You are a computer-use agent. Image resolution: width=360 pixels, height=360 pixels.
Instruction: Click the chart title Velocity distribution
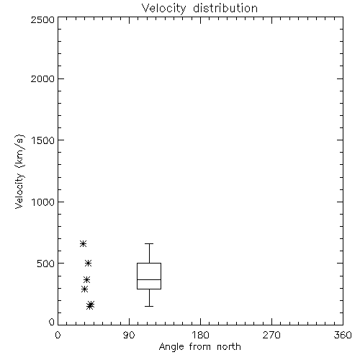[199, 9]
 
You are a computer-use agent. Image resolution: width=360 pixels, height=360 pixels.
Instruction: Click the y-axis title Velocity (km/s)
[19, 171]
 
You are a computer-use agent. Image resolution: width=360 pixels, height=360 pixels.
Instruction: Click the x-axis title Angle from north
[199, 347]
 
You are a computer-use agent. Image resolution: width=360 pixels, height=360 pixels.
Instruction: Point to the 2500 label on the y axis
[42, 19]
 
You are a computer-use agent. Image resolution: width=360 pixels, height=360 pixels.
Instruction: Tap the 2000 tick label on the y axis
[42, 78]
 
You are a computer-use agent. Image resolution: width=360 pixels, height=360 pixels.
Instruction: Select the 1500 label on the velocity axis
[43, 140]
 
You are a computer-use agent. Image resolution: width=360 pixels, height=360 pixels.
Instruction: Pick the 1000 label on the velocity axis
[43, 202]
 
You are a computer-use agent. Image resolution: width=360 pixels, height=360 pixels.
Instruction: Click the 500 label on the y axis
[46, 264]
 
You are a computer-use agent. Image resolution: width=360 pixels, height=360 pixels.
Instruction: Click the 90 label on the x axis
[129, 335]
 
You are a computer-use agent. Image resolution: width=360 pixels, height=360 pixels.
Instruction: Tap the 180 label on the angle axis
[200, 335]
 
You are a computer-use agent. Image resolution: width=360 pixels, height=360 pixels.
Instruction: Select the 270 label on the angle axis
[271, 335]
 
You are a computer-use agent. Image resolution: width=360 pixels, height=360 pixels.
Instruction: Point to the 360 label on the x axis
[343, 335]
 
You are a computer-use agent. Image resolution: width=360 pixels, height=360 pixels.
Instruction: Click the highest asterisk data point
[83, 244]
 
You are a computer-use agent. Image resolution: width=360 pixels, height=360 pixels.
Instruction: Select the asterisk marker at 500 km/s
[89, 264]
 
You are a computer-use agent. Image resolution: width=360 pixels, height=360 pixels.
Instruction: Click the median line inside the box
[149, 279]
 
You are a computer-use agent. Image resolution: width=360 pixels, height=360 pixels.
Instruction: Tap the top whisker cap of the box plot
[149, 244]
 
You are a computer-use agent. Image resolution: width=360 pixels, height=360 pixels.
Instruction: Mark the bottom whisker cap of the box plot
[149, 306]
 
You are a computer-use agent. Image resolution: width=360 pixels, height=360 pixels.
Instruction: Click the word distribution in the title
[225, 9]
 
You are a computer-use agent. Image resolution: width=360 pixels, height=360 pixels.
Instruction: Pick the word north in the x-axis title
[229, 347]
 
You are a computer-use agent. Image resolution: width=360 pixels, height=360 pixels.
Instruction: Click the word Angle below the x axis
[171, 347]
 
